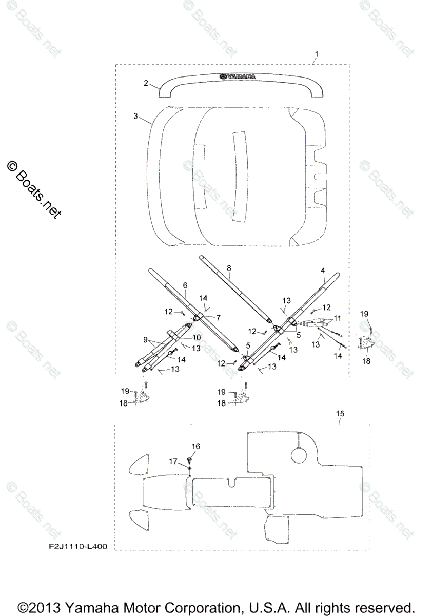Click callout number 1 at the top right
[x=317, y=54]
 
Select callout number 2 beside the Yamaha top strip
[x=146, y=83]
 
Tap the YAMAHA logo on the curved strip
[x=238, y=77]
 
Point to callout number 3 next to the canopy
[x=135, y=117]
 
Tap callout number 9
[x=146, y=339]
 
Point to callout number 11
[x=337, y=318]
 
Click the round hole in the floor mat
[x=300, y=454]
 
